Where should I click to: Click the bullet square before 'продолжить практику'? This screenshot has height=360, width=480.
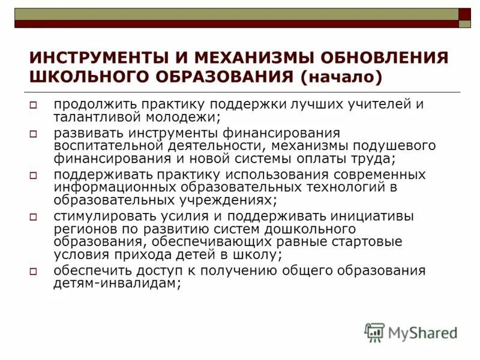tap(34, 104)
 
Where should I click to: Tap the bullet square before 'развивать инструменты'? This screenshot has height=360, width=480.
tap(34, 133)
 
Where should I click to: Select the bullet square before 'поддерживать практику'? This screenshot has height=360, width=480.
tap(34, 175)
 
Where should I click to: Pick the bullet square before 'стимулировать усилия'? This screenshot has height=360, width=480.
tap(34, 217)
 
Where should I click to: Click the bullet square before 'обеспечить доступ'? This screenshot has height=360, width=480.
tap(34, 271)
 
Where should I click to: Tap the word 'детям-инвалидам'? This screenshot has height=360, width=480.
tap(115, 284)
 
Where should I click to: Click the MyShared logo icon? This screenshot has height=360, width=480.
tap(374, 332)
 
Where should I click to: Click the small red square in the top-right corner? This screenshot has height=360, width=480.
tap(464, 14)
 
